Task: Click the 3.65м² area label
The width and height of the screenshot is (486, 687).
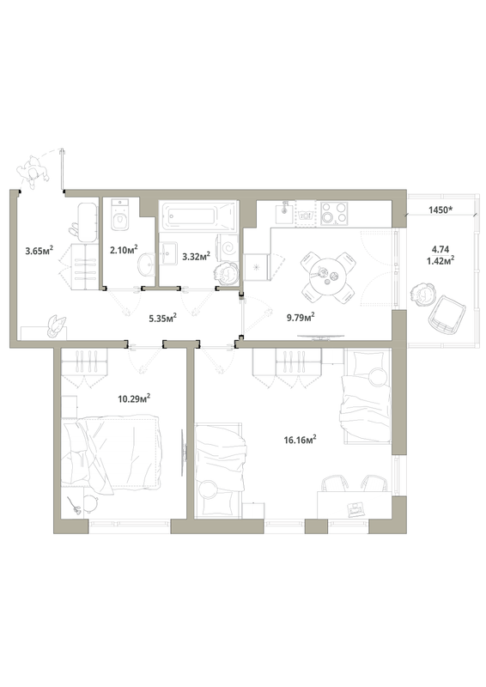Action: click(39, 252)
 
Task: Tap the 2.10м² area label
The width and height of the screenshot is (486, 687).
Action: click(124, 251)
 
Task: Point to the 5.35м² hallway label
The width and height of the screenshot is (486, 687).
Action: click(162, 317)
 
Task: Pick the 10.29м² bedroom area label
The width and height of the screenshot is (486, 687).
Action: click(135, 398)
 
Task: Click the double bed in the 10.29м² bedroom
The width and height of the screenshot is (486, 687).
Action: click(112, 449)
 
